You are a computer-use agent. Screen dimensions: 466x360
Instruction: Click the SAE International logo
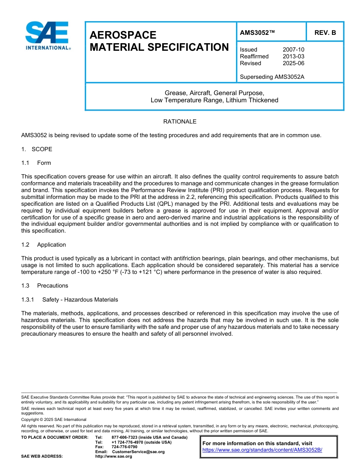coord(48,35)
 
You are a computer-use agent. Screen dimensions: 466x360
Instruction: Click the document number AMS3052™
coord(257,33)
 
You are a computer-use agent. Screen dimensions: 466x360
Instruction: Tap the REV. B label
coord(325,33)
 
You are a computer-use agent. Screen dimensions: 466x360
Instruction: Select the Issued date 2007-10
coord(293,50)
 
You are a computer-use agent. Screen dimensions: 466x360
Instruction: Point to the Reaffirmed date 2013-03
coord(293,56)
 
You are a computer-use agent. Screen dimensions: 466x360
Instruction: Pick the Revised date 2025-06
coord(293,63)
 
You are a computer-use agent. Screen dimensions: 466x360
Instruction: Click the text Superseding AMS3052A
coord(272,77)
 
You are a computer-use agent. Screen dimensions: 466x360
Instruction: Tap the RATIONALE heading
coord(180,122)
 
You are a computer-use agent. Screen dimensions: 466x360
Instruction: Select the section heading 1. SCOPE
coord(37,149)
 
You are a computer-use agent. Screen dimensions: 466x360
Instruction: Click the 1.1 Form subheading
coord(36,163)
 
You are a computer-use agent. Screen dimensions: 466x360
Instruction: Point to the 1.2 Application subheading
coord(44,245)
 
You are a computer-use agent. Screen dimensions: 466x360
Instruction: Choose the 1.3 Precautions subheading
coord(45,286)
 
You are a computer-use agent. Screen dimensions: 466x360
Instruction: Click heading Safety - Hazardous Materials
coord(80,300)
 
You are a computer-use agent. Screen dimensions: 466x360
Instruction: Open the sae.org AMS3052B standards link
coord(262,450)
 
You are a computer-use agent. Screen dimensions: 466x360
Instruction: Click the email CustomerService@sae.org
coord(138,452)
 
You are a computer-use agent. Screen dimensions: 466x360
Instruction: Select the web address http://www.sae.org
coord(114,456)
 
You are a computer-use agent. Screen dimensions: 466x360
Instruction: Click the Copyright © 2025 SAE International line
coord(54,419)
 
